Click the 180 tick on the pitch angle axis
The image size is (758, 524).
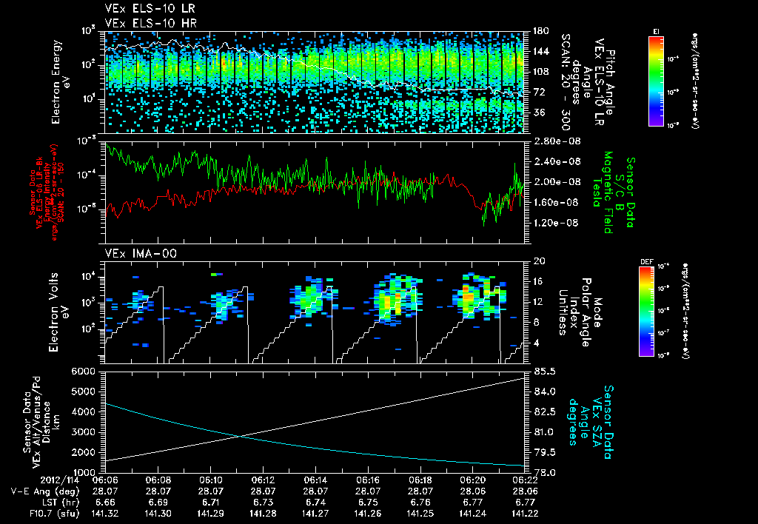(x=539, y=31)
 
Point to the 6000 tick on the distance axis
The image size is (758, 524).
(x=87, y=371)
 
